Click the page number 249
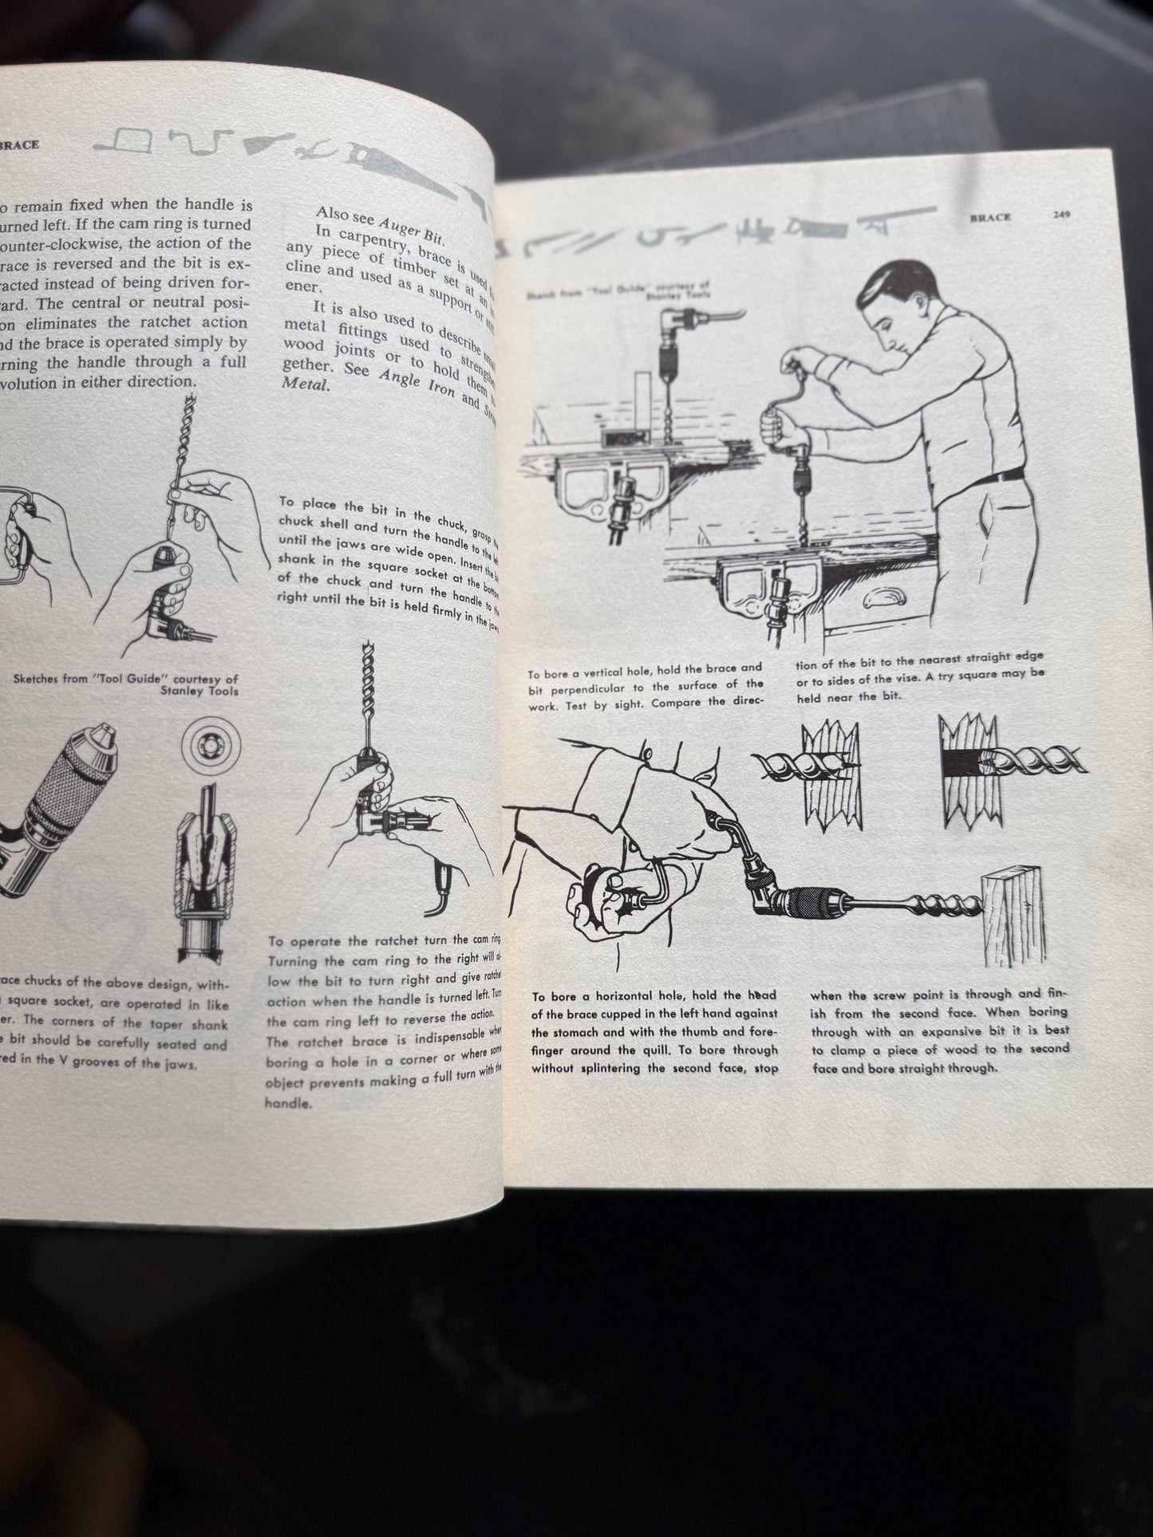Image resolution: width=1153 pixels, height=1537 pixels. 1060,215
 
